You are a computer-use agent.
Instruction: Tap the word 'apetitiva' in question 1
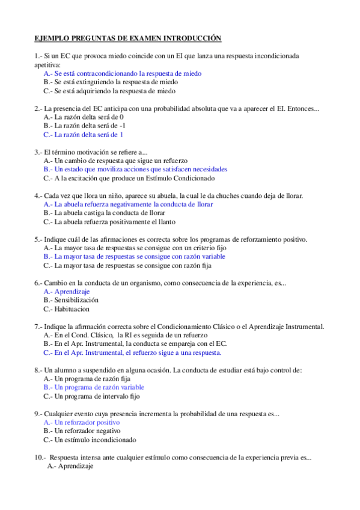tap(47, 64)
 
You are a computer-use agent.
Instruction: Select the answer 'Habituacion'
tap(70, 309)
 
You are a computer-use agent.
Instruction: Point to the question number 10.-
tap(40, 457)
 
